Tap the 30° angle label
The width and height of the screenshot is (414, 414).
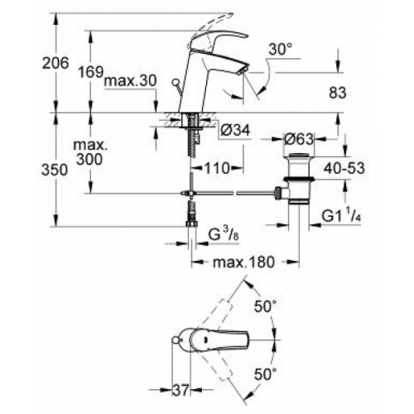[x=279, y=50]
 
